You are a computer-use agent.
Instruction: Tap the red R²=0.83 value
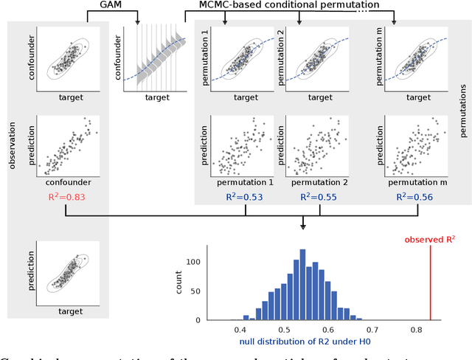point(66,196)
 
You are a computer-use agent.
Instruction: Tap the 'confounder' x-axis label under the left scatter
point(66,181)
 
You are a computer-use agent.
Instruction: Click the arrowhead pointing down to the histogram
point(305,226)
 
